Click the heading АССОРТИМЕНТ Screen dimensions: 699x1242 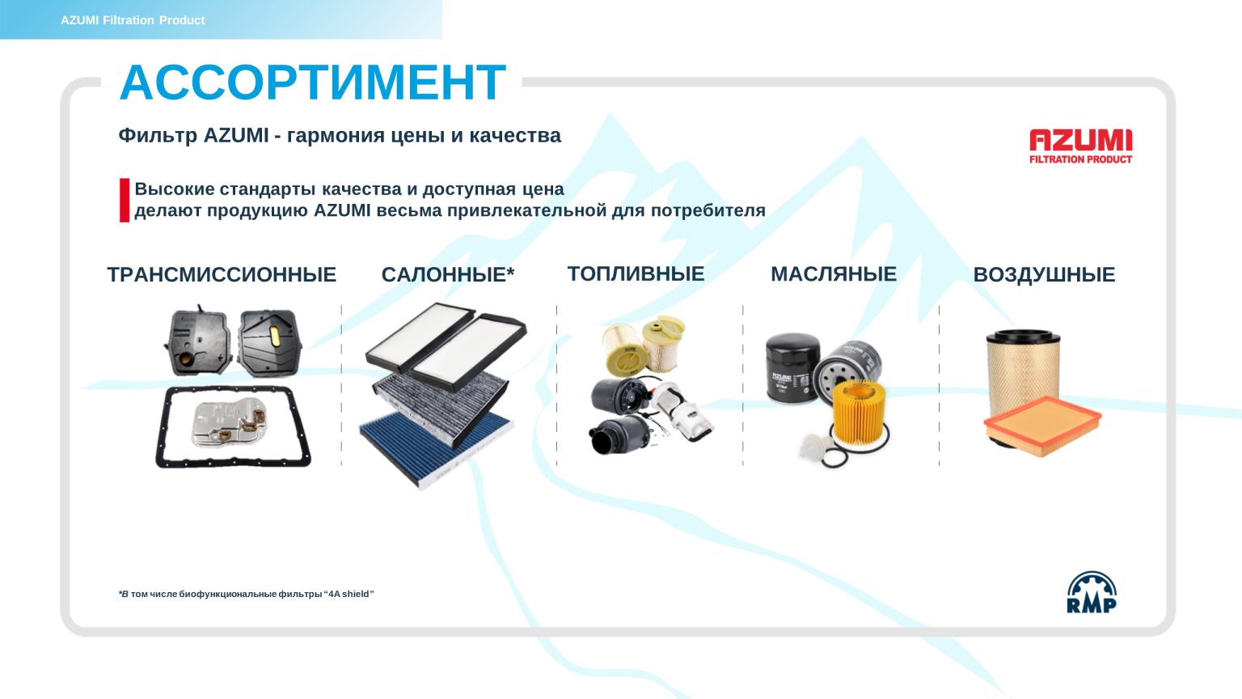312,83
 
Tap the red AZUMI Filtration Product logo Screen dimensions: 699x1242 1080,146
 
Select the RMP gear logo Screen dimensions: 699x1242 1091,593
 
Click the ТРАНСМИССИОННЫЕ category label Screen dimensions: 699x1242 222,275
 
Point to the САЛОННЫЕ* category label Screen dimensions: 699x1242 447,275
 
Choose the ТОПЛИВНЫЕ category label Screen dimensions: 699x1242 636,274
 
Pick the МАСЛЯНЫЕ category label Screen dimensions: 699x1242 833,274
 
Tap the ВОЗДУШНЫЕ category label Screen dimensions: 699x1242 1043,275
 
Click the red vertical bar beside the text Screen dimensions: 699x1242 125,200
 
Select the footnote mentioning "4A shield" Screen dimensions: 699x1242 246,594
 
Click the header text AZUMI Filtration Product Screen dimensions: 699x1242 133,20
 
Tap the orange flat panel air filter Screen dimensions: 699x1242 1043,426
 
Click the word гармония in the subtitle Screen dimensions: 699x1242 336,135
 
